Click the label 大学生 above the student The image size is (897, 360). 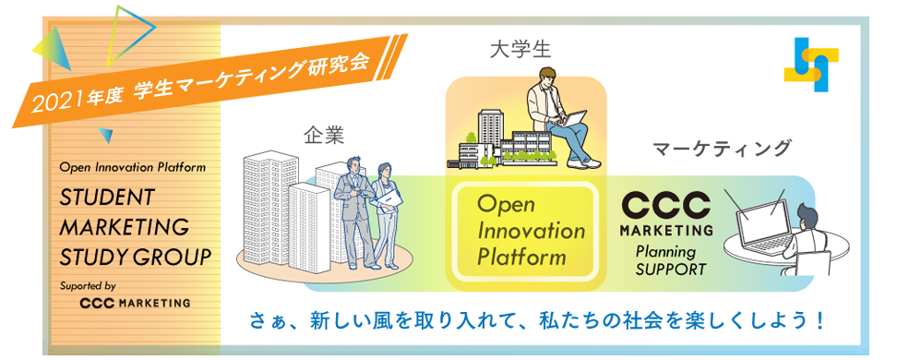[520, 51]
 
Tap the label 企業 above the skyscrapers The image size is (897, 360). [324, 137]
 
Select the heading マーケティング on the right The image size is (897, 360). [722, 149]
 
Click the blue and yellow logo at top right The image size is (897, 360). [812, 64]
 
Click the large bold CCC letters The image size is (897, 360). [666, 207]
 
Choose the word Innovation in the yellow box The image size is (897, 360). [531, 231]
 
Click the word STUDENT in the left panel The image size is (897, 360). [107, 197]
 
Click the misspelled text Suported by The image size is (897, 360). [87, 285]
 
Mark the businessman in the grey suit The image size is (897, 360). [355, 211]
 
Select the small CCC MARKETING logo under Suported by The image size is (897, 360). [135, 303]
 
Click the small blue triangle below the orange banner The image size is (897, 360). [104, 135]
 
